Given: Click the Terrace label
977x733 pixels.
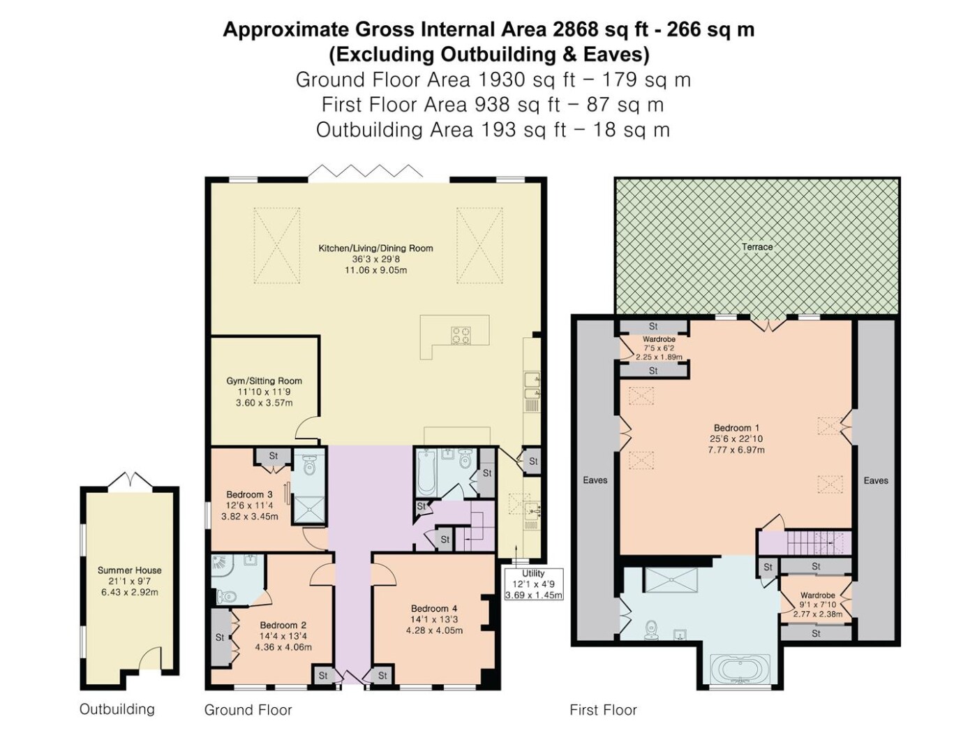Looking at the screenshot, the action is pos(756,246).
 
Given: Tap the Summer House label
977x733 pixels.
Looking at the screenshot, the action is pos(130,570).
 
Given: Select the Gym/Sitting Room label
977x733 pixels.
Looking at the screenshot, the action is pos(264,380).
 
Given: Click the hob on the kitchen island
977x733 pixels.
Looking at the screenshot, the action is pos(461,335).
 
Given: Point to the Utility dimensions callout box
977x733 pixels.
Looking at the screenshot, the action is pos(533,584).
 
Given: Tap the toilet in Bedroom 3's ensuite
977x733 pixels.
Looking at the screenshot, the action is pos(308,466).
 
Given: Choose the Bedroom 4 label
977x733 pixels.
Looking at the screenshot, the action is pos(433,608).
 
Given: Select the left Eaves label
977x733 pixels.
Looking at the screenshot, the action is pos(595,480).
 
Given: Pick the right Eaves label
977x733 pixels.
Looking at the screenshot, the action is pos(876,480).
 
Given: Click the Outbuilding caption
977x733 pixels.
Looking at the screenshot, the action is pos(117,709).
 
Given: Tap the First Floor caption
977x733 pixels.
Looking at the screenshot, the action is pos(603,709).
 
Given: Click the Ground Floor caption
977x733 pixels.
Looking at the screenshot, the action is pos(248,709).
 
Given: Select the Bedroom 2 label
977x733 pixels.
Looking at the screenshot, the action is pos(283,625).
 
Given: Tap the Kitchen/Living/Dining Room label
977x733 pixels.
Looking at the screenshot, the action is pos(375,248).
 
